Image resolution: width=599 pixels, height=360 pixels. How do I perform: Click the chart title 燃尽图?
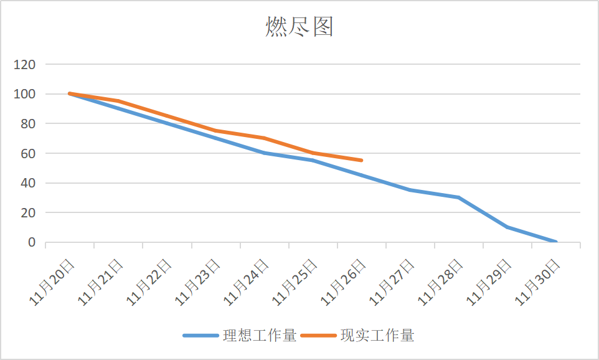click(299, 27)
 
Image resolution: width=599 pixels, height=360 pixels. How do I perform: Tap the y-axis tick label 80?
click(29, 123)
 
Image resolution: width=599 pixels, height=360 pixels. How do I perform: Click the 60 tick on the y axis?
click(29, 153)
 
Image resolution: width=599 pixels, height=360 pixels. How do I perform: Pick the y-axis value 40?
click(29, 183)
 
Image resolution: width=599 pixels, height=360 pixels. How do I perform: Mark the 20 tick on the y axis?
click(29, 212)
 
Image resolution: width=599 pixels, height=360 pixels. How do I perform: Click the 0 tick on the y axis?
click(32, 242)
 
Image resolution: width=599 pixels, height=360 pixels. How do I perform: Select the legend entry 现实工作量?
click(377, 336)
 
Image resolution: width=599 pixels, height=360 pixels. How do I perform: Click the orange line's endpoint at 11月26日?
click(362, 160)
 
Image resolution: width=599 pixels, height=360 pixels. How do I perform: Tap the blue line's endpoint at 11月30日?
click(555, 242)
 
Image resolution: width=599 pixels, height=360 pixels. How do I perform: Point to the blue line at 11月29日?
click(507, 227)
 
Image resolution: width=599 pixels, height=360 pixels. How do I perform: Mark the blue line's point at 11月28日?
click(458, 197)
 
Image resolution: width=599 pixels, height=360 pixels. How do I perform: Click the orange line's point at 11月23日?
click(215, 131)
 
